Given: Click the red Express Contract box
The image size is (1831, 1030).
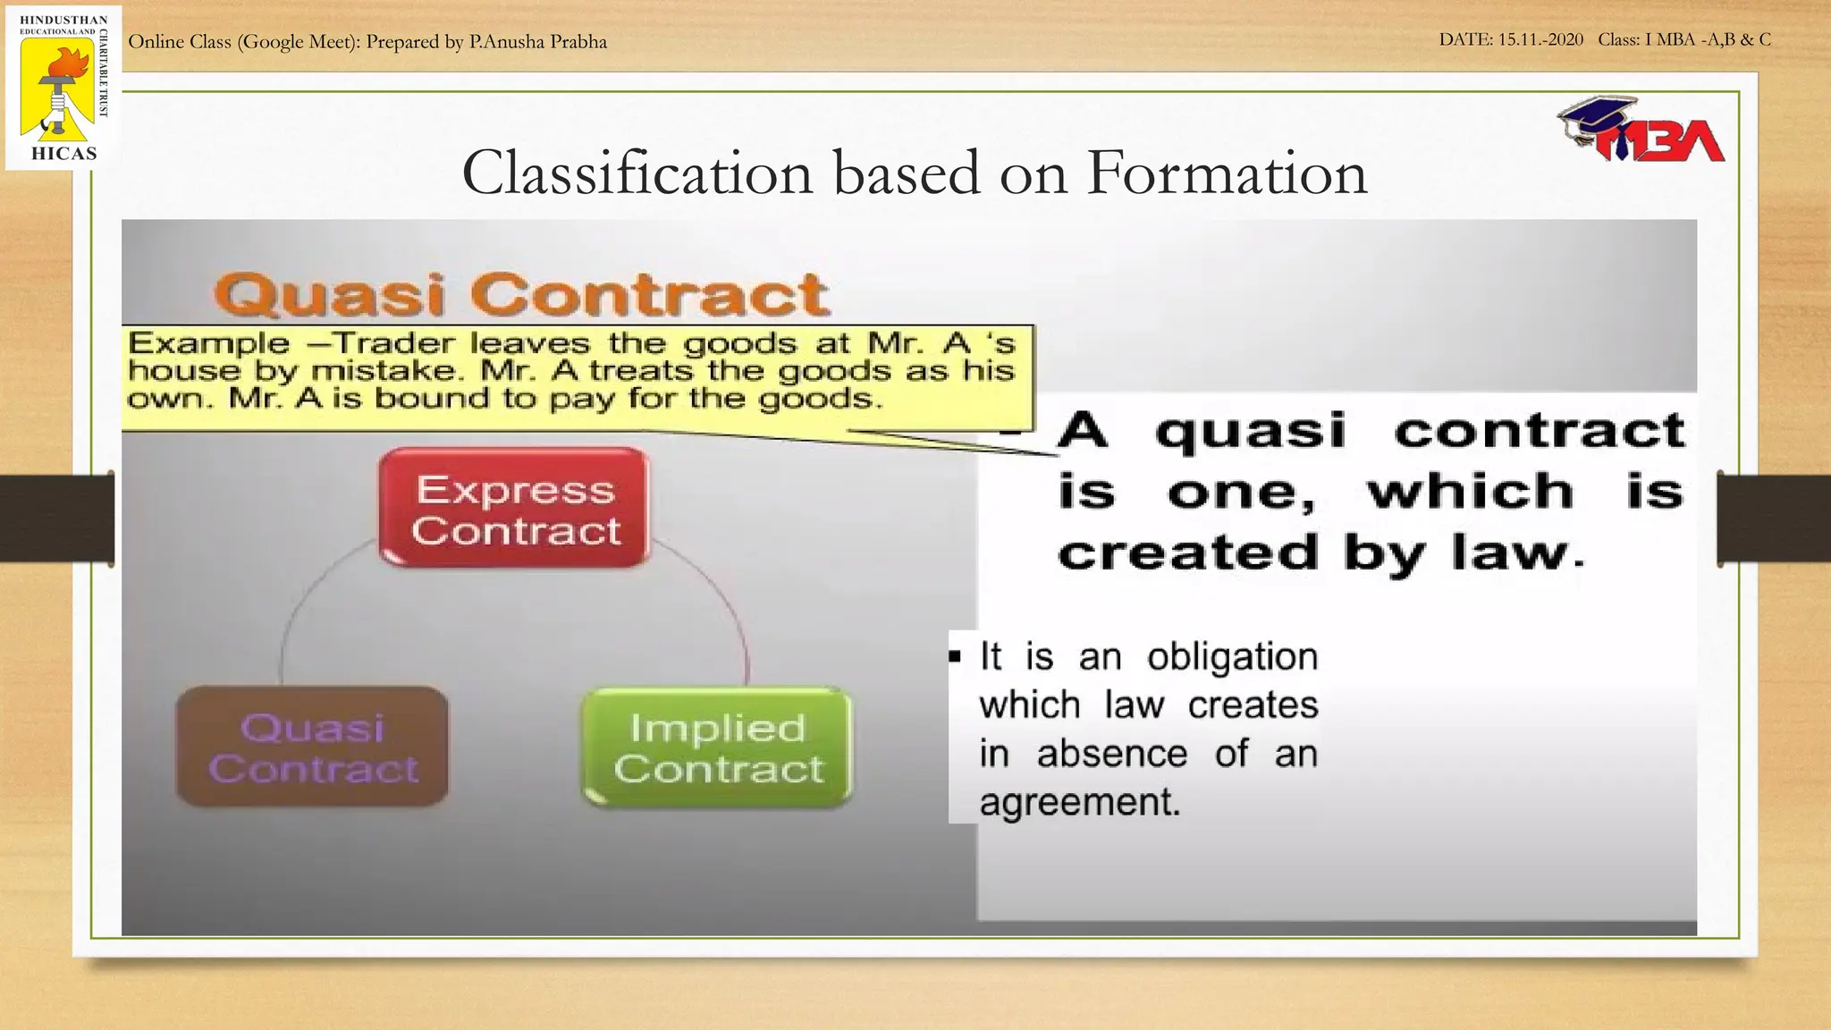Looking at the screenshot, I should tap(515, 508).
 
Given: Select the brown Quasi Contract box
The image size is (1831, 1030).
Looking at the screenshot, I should tap(313, 747).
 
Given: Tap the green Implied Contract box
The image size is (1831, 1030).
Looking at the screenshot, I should tap(717, 747).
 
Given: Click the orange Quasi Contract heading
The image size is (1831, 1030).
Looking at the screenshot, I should tap(522, 295).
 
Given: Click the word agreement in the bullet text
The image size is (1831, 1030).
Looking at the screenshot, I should tap(1080, 802).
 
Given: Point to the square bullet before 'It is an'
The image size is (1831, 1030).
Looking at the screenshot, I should tap(955, 658).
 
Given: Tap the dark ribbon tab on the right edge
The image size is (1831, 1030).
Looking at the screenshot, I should tap(1774, 519).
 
